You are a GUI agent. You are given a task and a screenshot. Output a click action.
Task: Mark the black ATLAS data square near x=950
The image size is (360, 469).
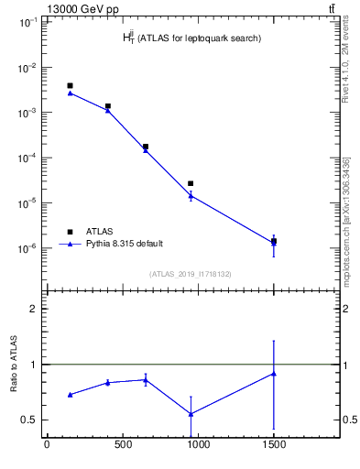click(x=191, y=183)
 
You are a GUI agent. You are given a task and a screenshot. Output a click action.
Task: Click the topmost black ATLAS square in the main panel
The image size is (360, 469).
click(x=70, y=85)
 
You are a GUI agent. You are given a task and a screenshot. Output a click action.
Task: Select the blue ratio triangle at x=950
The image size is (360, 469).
click(x=191, y=414)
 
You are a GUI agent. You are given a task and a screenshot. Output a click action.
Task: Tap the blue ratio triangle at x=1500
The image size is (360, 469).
click(x=274, y=374)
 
